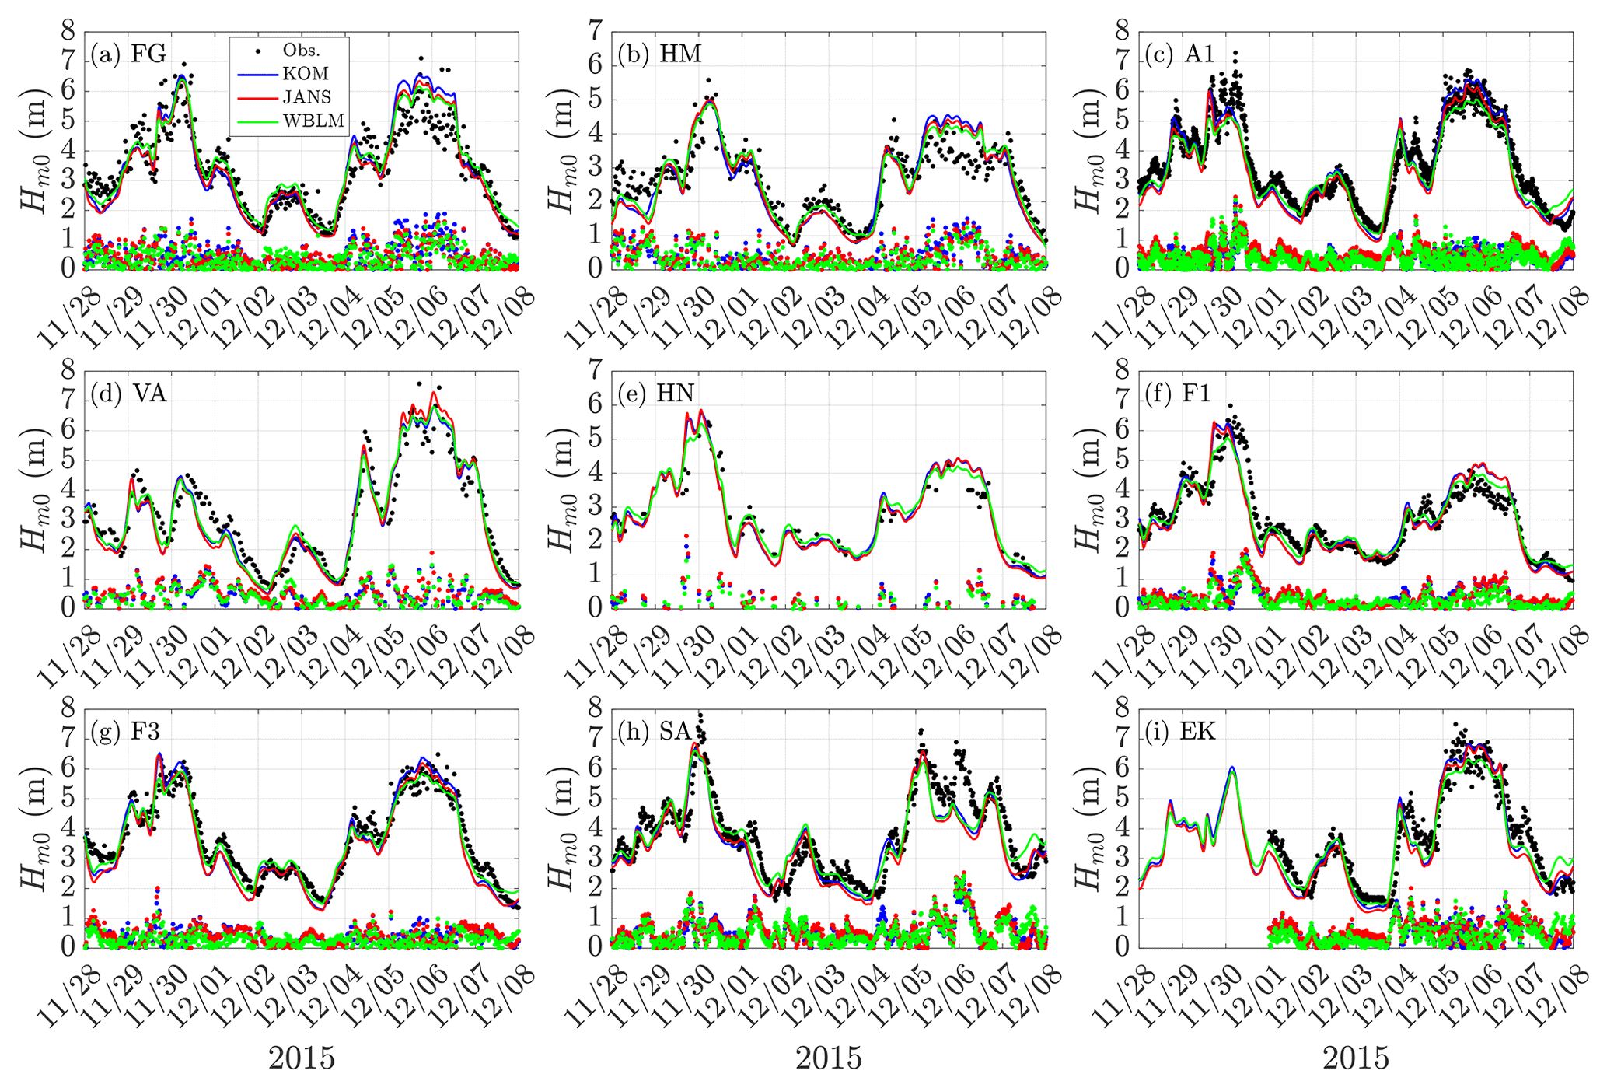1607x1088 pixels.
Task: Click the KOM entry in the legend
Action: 306,74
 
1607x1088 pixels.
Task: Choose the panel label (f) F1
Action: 1179,393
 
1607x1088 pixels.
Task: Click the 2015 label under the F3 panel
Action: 302,1058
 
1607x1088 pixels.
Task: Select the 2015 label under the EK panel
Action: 1356,1058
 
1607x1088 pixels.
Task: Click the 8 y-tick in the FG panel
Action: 68,32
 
